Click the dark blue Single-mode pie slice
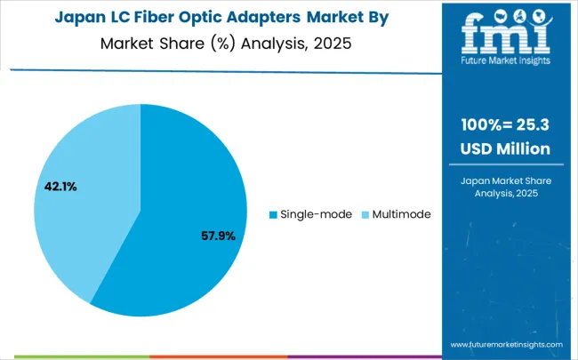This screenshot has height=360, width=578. point(187,204)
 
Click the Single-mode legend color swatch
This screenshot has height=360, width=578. point(273,214)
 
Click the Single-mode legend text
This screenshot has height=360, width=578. point(316,214)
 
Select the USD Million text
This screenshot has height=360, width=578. point(505,149)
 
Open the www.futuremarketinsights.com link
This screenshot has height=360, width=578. point(506,344)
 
